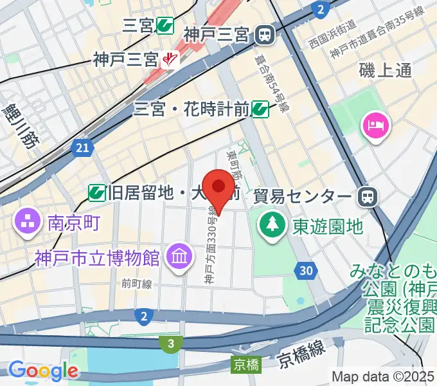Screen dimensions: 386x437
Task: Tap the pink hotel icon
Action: [377, 124]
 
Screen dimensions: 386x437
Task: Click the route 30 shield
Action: [308, 271]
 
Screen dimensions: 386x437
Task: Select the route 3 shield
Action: [170, 344]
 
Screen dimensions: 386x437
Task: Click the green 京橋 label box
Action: [246, 365]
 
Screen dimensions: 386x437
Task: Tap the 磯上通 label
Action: [386, 71]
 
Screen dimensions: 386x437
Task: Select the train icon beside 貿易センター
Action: [368, 195]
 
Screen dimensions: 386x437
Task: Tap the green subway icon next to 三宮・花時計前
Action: [260, 109]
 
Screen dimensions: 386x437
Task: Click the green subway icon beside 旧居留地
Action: [97, 191]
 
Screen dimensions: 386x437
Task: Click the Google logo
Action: [43, 371]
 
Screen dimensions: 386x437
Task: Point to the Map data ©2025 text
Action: [383, 376]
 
